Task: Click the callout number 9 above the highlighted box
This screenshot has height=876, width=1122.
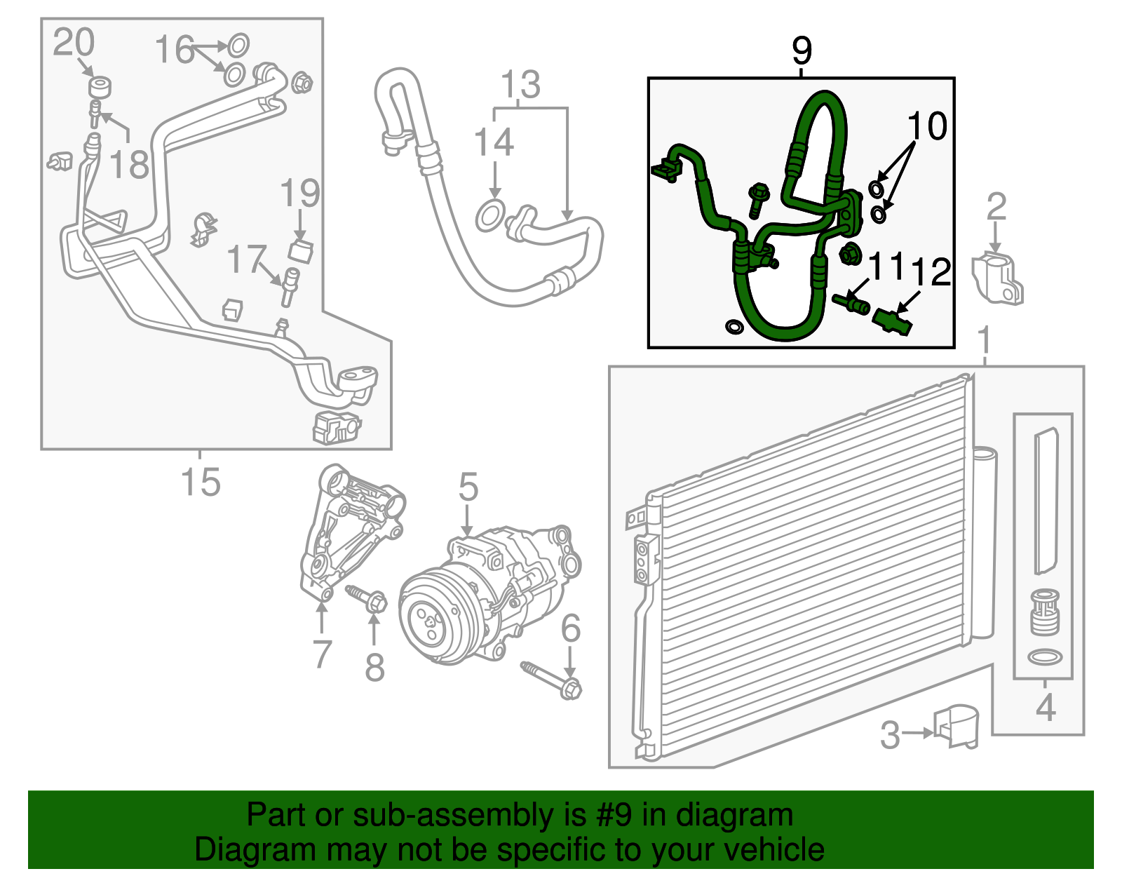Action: tap(802, 50)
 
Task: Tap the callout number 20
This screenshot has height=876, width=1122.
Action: tap(73, 43)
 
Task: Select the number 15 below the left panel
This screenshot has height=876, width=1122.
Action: tap(200, 483)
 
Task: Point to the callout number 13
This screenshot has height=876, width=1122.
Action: tap(520, 86)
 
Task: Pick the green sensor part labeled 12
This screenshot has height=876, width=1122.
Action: tap(893, 323)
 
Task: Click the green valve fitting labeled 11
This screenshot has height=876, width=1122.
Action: tap(853, 303)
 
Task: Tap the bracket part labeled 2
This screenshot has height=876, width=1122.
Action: tap(997, 279)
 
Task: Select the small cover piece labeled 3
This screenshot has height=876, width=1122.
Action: tap(957, 728)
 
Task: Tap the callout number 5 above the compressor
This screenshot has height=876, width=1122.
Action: tap(468, 487)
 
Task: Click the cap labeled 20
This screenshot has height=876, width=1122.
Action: tap(100, 88)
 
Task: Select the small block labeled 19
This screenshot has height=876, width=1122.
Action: tap(301, 251)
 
